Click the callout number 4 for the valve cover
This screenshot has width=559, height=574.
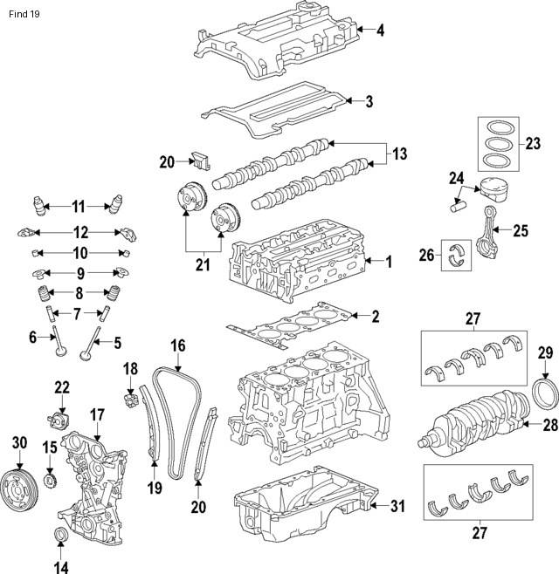tap(381, 31)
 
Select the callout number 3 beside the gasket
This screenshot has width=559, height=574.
tap(369, 101)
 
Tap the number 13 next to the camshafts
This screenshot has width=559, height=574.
tap(399, 154)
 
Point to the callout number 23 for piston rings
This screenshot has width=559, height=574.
tap(531, 143)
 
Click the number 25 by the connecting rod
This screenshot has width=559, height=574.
tap(521, 231)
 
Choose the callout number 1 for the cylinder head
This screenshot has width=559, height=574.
tap(389, 261)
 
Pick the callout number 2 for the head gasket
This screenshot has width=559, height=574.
tap(376, 316)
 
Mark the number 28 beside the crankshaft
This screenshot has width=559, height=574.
tap(549, 426)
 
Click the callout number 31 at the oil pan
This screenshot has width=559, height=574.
tap(397, 506)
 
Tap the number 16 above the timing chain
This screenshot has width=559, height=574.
tap(177, 346)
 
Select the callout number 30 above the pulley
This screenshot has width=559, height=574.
tap(19, 443)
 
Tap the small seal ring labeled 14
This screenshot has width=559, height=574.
tap(61, 534)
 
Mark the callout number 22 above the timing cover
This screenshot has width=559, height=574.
tap(61, 387)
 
